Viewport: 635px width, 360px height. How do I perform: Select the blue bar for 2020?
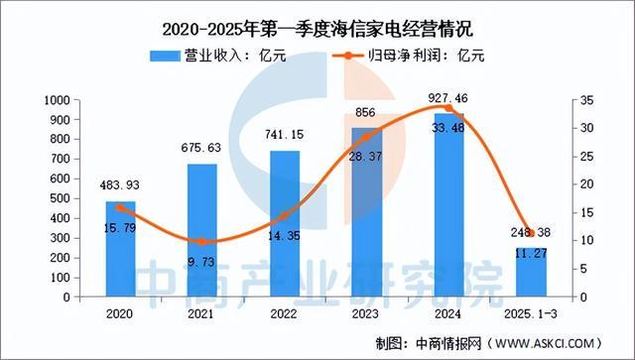click(x=121, y=249)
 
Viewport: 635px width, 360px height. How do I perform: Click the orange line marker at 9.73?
click(x=201, y=242)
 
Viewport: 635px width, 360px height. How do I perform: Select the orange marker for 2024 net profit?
click(x=447, y=108)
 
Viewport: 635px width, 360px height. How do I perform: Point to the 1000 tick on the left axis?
click(x=58, y=100)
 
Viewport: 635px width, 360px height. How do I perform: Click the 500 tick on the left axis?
click(x=62, y=198)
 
